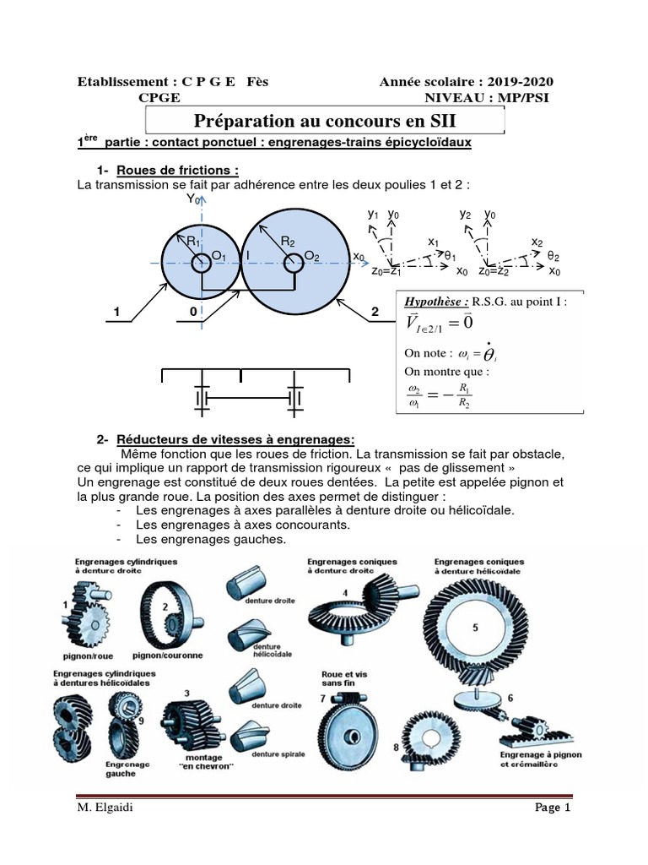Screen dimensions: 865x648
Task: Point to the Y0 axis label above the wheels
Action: (193, 199)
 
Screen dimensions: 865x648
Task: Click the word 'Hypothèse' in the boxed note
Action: (436, 300)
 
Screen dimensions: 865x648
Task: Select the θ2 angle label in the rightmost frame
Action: (553, 255)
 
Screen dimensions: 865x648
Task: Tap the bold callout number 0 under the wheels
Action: (193, 313)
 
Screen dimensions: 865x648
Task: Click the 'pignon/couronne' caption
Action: (165, 655)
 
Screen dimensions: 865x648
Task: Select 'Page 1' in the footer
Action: (553, 808)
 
